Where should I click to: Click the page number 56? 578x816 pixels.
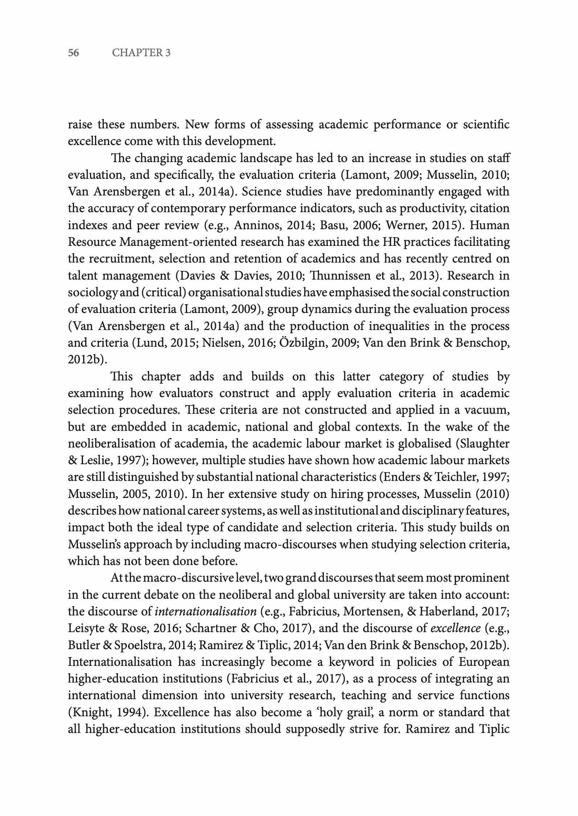pyautogui.click(x=74, y=53)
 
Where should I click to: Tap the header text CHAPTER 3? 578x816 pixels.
pyautogui.click(x=141, y=53)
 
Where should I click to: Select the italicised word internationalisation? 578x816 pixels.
pyautogui.click(x=206, y=611)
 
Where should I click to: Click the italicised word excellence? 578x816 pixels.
pyautogui.click(x=456, y=628)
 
